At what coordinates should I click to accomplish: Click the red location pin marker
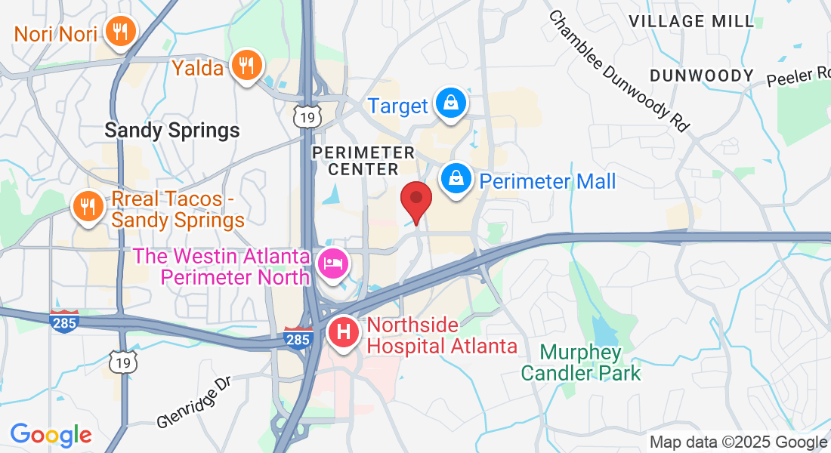click(415, 200)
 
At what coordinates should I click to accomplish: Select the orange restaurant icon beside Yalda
click(246, 65)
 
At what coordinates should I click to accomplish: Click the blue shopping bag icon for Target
click(451, 103)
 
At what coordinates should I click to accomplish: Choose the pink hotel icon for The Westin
click(333, 263)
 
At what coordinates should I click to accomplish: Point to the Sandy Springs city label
click(172, 131)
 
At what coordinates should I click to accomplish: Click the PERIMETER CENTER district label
click(364, 161)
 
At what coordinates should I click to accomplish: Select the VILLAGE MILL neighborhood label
click(692, 21)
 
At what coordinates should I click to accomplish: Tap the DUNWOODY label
click(701, 75)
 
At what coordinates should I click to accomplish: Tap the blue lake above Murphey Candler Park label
click(604, 330)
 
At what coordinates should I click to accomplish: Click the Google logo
click(51, 435)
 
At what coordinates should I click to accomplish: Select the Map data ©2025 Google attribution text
click(738, 442)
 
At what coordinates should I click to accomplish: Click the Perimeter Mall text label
click(548, 181)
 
